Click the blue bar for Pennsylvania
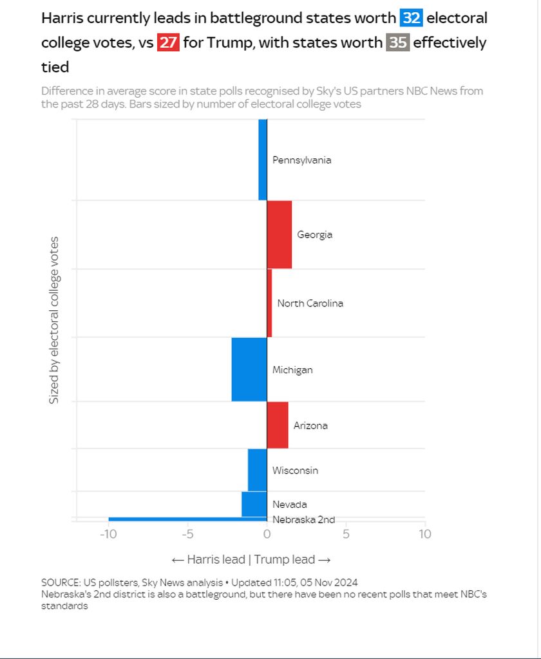[263, 160]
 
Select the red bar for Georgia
[280, 235]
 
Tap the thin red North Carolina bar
[269, 303]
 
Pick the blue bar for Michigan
[249, 369]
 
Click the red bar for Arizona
[278, 425]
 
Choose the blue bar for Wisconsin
[257, 470]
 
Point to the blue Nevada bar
[254, 504]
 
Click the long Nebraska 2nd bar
[187, 519]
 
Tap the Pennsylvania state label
[301, 160]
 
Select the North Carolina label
[310, 303]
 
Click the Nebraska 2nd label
[303, 520]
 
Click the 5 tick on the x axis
[346, 534]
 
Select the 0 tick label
[267, 534]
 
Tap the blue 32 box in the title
[412, 18]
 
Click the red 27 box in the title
[168, 43]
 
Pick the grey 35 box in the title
[397, 43]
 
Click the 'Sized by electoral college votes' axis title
[55, 320]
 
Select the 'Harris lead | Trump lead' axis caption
[251, 559]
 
